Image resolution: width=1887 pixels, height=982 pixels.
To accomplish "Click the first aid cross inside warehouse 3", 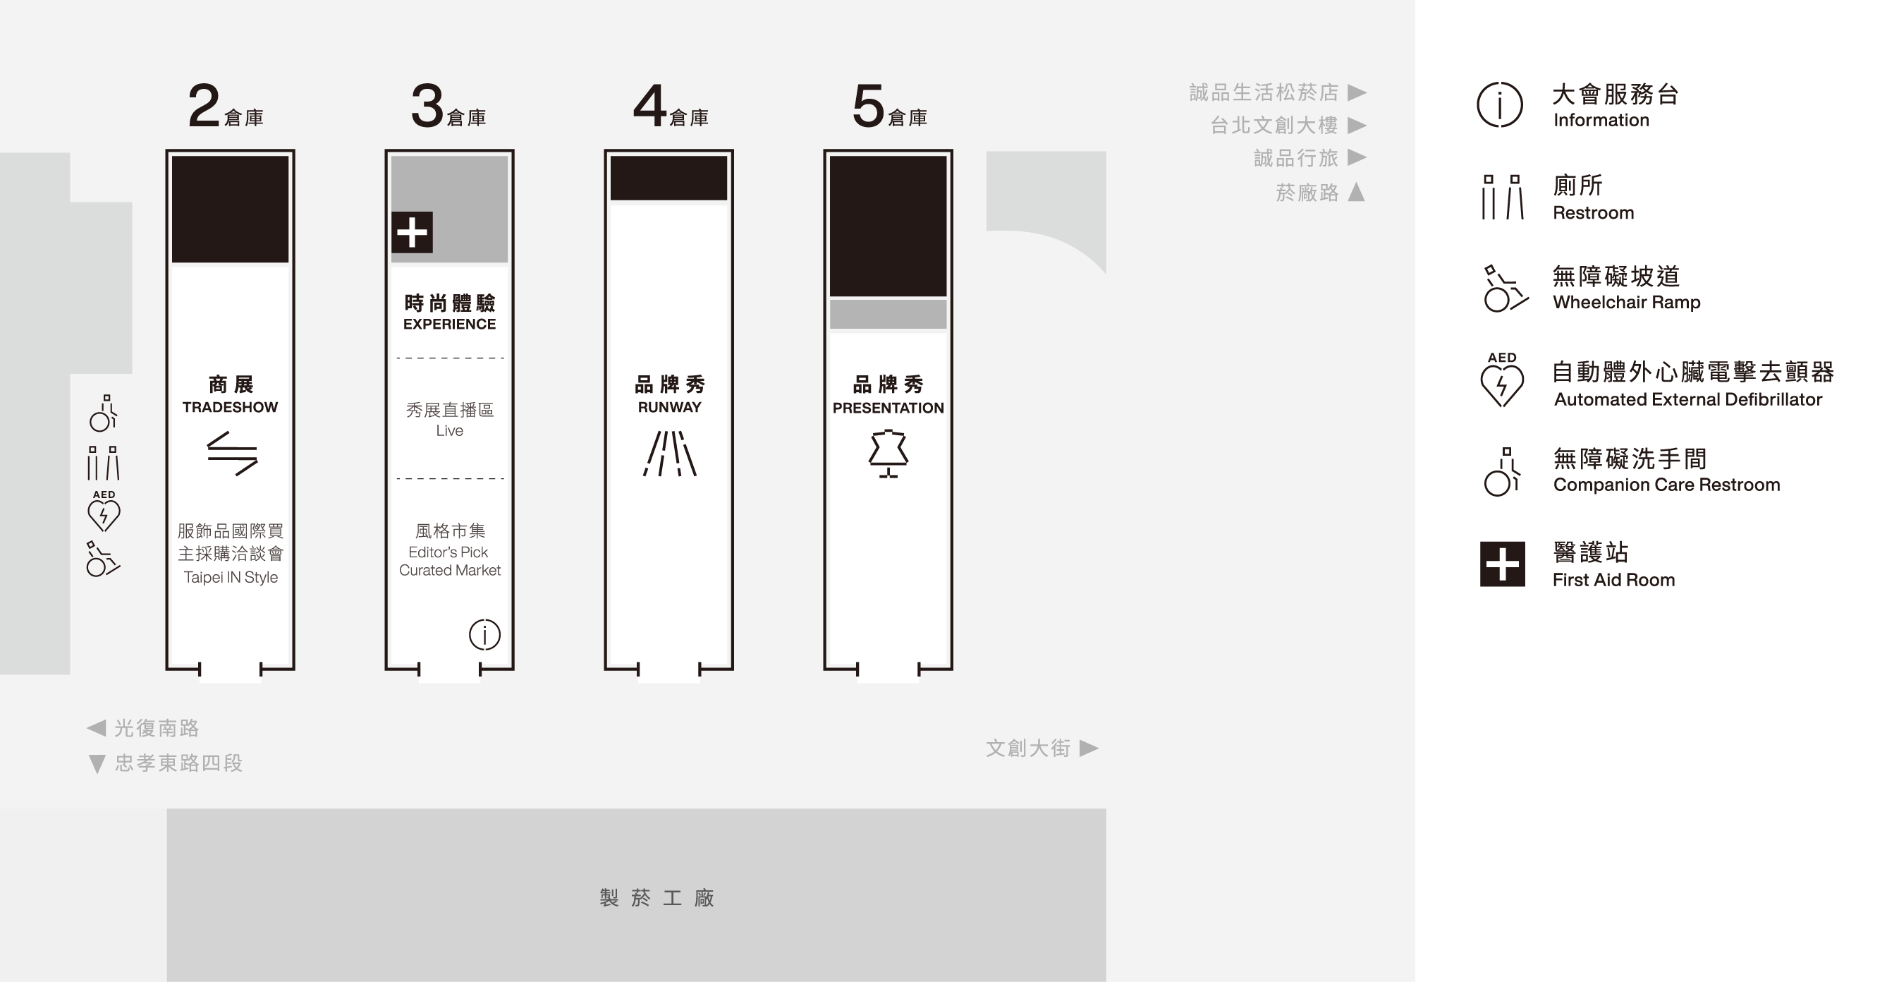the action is point(412,232).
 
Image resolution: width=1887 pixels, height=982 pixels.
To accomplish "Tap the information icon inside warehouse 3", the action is point(484,635).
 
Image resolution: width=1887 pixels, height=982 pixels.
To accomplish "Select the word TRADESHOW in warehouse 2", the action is point(230,408).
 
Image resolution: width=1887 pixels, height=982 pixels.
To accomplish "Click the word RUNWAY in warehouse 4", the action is point(669,408).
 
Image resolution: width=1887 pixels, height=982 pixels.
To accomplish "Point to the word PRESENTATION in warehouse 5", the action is point(888,408).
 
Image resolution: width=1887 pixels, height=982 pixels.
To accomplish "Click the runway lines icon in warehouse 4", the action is point(669,454).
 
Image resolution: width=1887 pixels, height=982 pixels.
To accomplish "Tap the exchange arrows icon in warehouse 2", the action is point(232,454).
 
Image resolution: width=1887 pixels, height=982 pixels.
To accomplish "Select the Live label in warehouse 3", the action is point(450,431).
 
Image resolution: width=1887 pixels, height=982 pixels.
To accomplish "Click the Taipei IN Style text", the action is point(231,578).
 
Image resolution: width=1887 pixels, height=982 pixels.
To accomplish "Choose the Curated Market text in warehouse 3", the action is point(450,570).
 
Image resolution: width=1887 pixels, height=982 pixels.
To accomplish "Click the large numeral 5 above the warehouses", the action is point(868,107).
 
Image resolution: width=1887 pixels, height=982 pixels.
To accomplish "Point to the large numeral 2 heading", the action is point(204,106).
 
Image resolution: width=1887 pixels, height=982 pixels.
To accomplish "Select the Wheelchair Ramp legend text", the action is point(1626,303).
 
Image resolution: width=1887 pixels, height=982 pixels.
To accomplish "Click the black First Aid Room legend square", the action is point(1503,564).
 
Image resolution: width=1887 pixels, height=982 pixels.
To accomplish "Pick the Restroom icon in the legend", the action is point(1503,197).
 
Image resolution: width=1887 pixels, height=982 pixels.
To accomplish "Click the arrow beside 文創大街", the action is point(1089,748).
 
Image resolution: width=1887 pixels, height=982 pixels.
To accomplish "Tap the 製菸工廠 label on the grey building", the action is point(657,898).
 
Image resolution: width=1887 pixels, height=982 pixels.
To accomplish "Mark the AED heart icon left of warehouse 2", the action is point(103,511).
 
